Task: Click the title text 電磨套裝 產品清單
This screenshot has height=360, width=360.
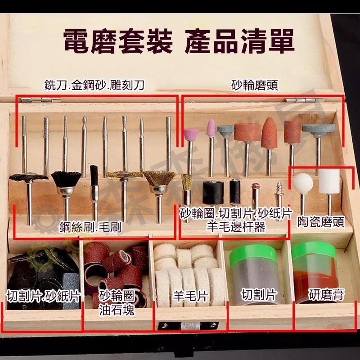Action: [179, 41]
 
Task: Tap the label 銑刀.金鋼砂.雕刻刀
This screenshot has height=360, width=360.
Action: [94, 85]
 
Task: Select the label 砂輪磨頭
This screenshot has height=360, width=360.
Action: [254, 85]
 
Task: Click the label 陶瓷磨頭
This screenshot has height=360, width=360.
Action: [321, 221]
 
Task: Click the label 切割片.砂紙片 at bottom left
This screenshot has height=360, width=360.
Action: [43, 296]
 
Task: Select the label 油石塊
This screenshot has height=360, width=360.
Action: [117, 310]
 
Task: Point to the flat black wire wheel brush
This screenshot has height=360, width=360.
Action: [28, 178]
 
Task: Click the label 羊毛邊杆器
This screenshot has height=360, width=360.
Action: [236, 227]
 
